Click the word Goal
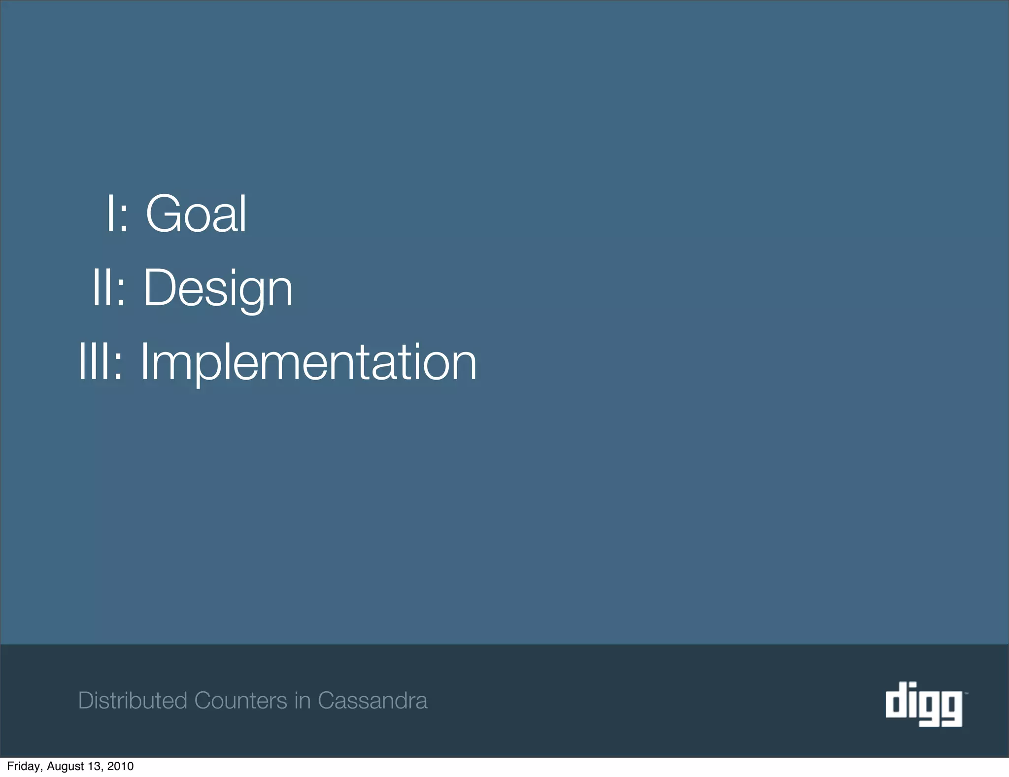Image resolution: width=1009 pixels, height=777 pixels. [x=196, y=214]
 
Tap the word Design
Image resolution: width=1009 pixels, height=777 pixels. [x=218, y=288]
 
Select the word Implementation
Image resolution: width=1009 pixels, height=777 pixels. [x=308, y=362]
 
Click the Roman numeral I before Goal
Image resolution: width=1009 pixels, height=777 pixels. [x=110, y=214]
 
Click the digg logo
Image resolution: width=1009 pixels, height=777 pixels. [x=924, y=704]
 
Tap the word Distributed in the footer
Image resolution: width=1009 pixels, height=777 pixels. [x=133, y=701]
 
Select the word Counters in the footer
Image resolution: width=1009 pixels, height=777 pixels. [x=240, y=701]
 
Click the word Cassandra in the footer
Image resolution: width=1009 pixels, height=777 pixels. [x=372, y=701]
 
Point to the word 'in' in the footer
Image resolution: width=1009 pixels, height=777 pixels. [x=302, y=701]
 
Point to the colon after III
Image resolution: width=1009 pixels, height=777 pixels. [x=118, y=367]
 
